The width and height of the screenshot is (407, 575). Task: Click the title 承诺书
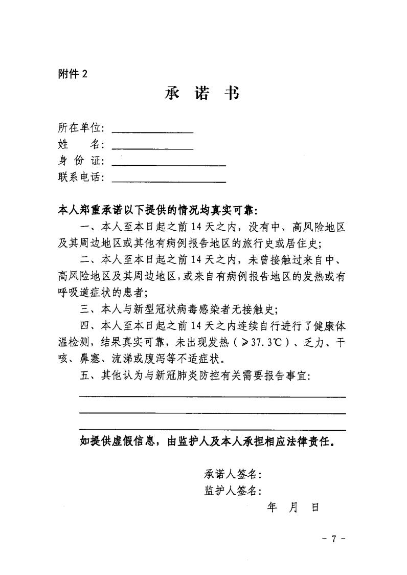click(x=202, y=94)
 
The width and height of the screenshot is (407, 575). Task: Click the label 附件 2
click(x=73, y=73)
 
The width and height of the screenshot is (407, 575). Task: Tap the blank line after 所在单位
click(x=152, y=131)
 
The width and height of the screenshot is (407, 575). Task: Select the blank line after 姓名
click(x=152, y=148)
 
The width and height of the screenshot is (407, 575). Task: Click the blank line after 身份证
click(x=169, y=165)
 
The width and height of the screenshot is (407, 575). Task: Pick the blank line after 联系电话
click(x=169, y=181)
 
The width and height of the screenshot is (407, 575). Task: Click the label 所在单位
click(x=81, y=128)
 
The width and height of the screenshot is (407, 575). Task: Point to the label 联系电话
click(x=81, y=178)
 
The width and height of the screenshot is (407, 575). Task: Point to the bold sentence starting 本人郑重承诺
click(x=159, y=210)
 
